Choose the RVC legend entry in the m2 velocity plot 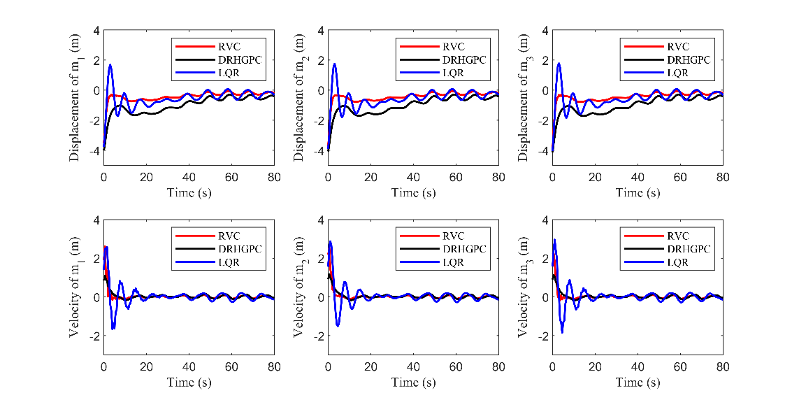pyautogui.click(x=454, y=236)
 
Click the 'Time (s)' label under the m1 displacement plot pyautogui.click(x=189, y=192)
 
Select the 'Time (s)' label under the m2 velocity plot pyautogui.click(x=413, y=382)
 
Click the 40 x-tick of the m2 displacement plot pyautogui.click(x=413, y=178)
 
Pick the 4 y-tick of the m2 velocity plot pyautogui.click(x=321, y=220)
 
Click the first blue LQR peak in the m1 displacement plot pyautogui.click(x=110, y=65)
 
